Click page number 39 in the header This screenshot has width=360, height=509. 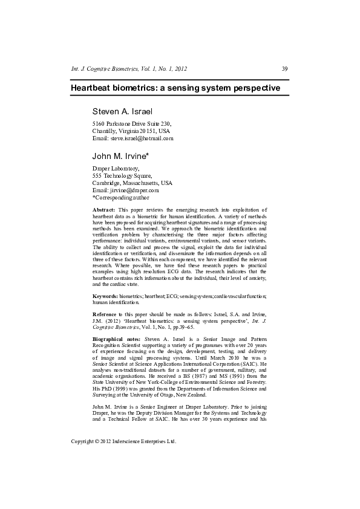pos(285,69)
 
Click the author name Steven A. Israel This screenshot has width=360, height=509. pos(122,112)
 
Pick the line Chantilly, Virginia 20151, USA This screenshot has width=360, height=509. pos(131,131)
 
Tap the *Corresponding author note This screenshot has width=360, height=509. pos(120,197)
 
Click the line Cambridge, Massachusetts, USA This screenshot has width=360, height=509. pos(132,183)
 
